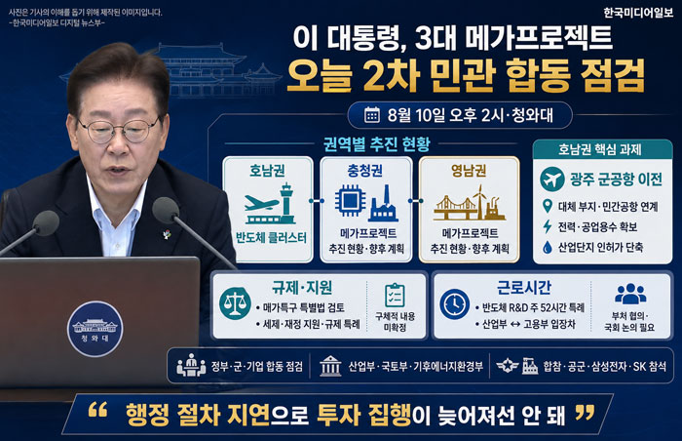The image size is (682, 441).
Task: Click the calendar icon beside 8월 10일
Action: [372, 115]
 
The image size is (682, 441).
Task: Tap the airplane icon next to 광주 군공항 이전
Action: [552, 179]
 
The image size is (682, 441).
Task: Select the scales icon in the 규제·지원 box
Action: [235, 303]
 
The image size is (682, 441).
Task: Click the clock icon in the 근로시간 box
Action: [455, 303]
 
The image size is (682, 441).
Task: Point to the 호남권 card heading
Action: [267, 170]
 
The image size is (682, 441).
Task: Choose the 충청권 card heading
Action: [365, 170]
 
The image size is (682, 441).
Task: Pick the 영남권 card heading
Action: [469, 170]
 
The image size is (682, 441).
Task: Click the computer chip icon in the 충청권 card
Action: [350, 201]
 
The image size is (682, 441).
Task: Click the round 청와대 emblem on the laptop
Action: [95, 329]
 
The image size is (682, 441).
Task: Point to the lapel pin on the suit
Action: [167, 233]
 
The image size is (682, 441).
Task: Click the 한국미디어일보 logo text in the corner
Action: [637, 13]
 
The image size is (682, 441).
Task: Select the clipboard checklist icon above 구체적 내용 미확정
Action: [395, 295]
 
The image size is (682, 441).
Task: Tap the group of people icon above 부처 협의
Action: [630, 294]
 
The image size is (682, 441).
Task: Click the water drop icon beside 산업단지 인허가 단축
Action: [548, 248]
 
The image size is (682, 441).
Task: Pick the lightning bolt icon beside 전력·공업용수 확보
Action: [548, 226]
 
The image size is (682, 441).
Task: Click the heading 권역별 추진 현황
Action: [377, 143]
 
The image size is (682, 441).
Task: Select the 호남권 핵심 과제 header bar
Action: [602, 149]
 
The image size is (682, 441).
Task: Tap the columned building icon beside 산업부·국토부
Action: [330, 366]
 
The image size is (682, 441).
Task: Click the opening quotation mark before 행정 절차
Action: [97, 410]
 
